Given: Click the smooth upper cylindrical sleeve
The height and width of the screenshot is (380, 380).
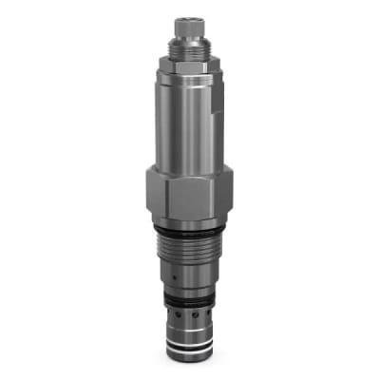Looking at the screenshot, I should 190,114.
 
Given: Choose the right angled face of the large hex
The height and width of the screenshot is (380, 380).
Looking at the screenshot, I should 226,195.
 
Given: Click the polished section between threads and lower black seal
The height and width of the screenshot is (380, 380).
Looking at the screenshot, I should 190,280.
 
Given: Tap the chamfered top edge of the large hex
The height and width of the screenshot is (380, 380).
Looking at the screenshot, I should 190,168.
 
